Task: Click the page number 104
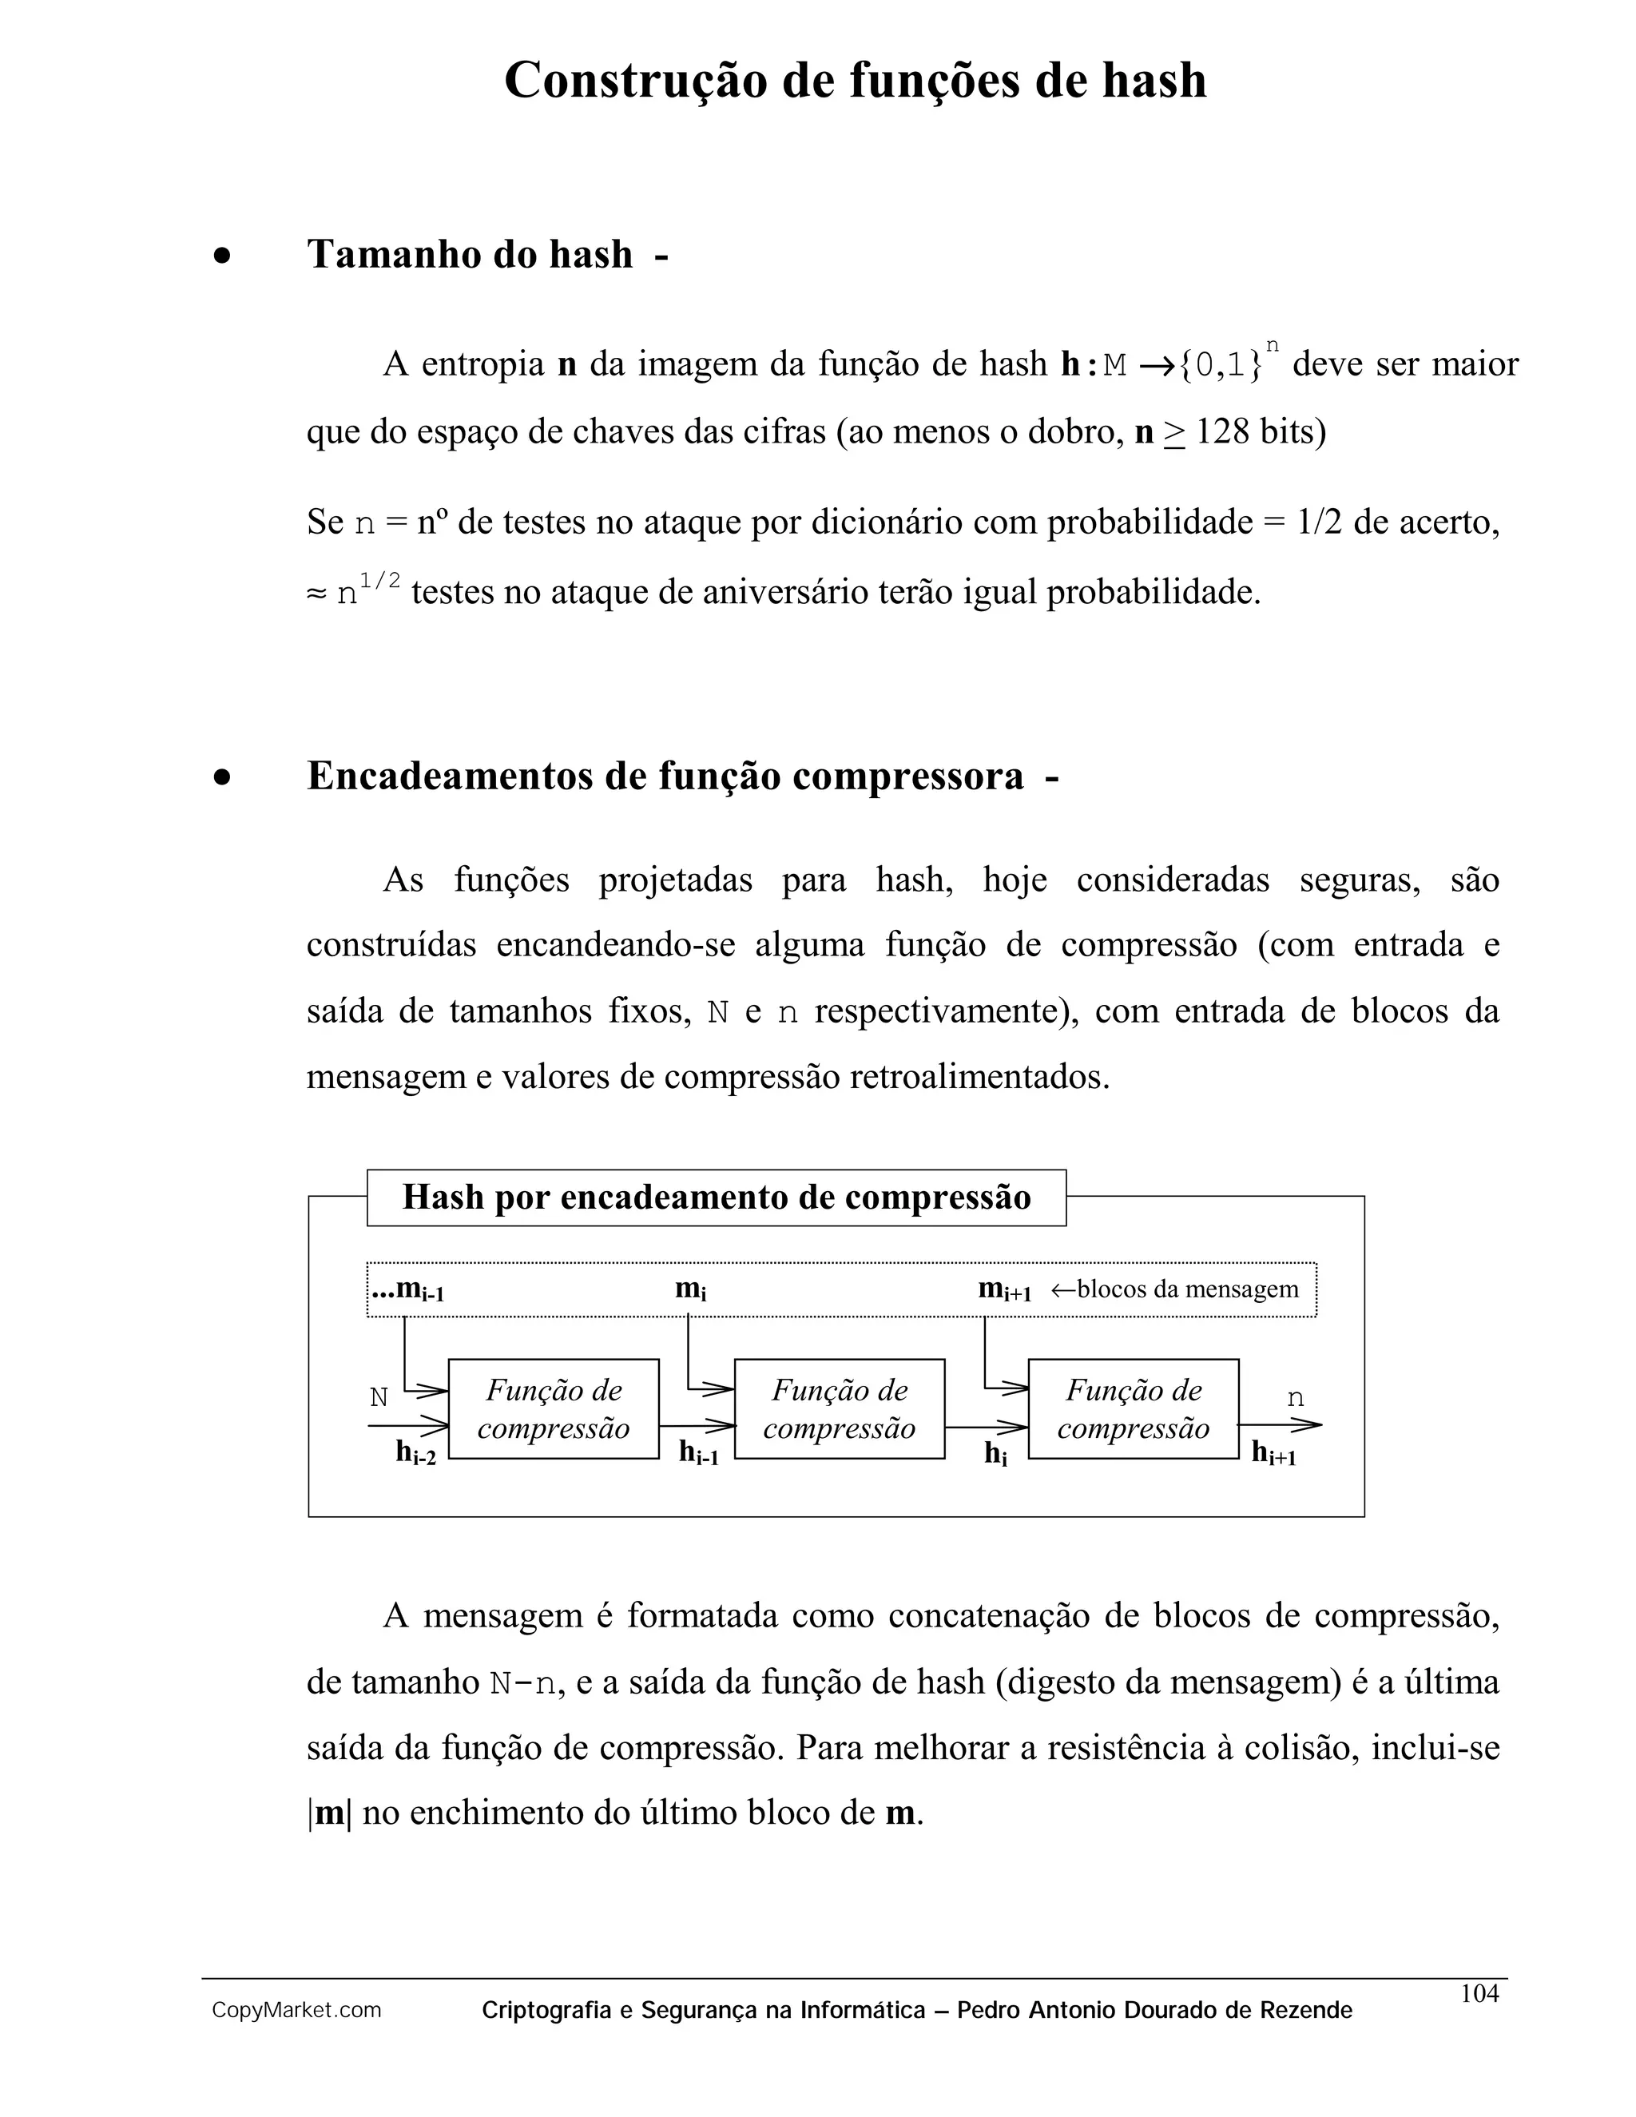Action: [1479, 1993]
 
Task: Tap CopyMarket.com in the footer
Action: [296, 2011]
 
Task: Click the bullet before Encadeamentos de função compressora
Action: [223, 777]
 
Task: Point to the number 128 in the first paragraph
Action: [1222, 432]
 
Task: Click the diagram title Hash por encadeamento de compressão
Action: [717, 1198]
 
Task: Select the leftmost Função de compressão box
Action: [554, 1408]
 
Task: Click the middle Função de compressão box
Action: [840, 1408]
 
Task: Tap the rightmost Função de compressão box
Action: [1133, 1408]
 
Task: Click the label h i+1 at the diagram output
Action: [1273, 1453]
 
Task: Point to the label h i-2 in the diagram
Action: [415, 1453]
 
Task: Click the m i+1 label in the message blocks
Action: [1004, 1290]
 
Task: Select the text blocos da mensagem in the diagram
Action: [1187, 1289]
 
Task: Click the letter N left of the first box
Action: [379, 1398]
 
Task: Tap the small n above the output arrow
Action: [1296, 1399]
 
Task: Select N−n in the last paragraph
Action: [523, 1682]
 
